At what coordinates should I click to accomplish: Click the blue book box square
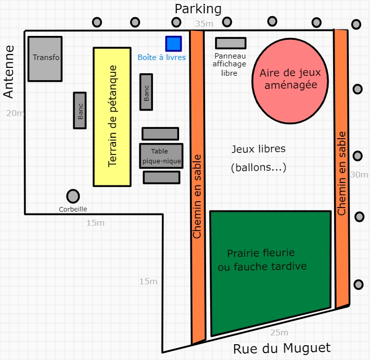(x=173, y=44)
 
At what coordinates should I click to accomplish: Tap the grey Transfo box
(x=45, y=59)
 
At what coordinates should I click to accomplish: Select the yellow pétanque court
(x=113, y=117)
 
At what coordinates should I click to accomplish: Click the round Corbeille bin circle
(x=73, y=196)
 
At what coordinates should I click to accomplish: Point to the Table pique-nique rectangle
(x=161, y=156)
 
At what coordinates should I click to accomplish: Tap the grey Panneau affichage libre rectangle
(x=230, y=43)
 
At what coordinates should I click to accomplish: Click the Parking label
(x=198, y=9)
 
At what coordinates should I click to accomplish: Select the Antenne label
(x=8, y=72)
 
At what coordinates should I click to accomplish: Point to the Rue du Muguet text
(x=282, y=348)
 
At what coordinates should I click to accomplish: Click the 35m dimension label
(x=204, y=24)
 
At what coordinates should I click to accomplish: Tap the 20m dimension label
(x=15, y=113)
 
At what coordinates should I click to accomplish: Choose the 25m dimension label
(x=279, y=332)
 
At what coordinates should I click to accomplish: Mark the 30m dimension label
(x=359, y=175)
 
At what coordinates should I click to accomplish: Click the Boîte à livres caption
(x=162, y=57)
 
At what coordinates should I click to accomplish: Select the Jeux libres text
(x=258, y=149)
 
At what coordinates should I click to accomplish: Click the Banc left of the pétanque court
(x=80, y=111)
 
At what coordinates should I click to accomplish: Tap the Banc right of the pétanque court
(x=146, y=92)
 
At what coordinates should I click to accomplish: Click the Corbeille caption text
(x=73, y=209)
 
